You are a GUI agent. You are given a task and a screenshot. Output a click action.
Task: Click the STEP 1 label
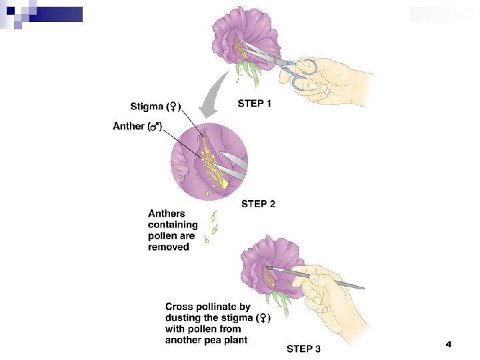(255, 103)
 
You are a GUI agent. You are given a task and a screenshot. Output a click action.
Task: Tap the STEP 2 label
(258, 204)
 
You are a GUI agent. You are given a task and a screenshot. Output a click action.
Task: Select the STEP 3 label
(303, 348)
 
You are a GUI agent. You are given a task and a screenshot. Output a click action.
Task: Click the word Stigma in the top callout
(145, 106)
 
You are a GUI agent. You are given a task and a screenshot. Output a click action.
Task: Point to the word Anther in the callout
(128, 126)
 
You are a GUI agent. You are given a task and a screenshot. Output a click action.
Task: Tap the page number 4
(448, 344)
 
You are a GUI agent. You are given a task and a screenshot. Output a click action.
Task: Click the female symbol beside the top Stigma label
(173, 106)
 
